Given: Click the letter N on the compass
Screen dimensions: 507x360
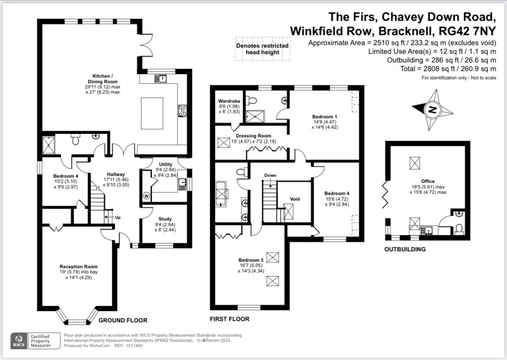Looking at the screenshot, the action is pyautogui.click(x=432, y=110).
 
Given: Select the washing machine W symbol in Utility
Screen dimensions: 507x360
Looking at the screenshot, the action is pyautogui.click(x=146, y=196).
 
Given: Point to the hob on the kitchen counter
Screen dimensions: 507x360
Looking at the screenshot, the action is pyautogui.click(x=182, y=110).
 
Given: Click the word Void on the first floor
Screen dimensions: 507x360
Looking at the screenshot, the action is pyautogui.click(x=295, y=199).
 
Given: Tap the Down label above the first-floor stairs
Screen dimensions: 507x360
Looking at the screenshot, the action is pyautogui.click(x=270, y=175).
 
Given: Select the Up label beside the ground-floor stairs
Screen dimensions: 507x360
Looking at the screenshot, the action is pyautogui.click(x=118, y=217).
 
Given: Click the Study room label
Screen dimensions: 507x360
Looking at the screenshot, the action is pyautogui.click(x=165, y=219).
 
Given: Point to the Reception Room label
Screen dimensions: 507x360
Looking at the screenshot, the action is pyautogui.click(x=78, y=266).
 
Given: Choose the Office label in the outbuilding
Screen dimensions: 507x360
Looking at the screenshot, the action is pyautogui.click(x=428, y=181).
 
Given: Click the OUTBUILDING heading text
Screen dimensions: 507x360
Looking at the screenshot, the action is pyautogui.click(x=405, y=249).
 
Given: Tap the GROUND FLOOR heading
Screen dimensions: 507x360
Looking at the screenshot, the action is pyautogui.click(x=123, y=320).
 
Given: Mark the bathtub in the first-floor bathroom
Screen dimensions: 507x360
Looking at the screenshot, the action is pyautogui.click(x=222, y=194).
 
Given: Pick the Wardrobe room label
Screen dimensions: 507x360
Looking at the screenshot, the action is pyautogui.click(x=229, y=101).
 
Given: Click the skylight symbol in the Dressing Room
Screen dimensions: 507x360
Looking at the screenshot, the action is pyautogui.click(x=224, y=143).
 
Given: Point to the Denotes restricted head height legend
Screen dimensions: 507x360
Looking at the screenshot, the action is pyautogui.click(x=262, y=49).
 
